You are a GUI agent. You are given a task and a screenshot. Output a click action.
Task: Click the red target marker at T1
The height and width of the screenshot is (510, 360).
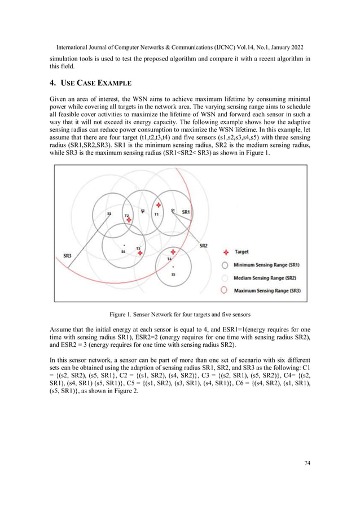point(159,205)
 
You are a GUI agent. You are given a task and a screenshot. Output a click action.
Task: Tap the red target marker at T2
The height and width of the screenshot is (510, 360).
point(130,220)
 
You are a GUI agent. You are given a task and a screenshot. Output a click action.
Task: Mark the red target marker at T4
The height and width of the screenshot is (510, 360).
point(173,252)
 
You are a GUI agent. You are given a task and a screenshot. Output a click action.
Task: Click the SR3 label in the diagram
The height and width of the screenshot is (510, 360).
point(67,256)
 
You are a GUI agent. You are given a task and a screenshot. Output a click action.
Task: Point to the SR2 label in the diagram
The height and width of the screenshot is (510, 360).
point(204,246)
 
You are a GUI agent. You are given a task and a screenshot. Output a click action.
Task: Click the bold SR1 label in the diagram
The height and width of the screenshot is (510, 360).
point(186,212)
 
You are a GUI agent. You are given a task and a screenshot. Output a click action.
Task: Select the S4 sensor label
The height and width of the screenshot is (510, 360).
point(122,251)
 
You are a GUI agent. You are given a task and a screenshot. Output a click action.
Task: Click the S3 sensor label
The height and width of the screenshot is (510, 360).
point(109,214)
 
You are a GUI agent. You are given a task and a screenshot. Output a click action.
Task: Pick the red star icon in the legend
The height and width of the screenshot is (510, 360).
point(226,252)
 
